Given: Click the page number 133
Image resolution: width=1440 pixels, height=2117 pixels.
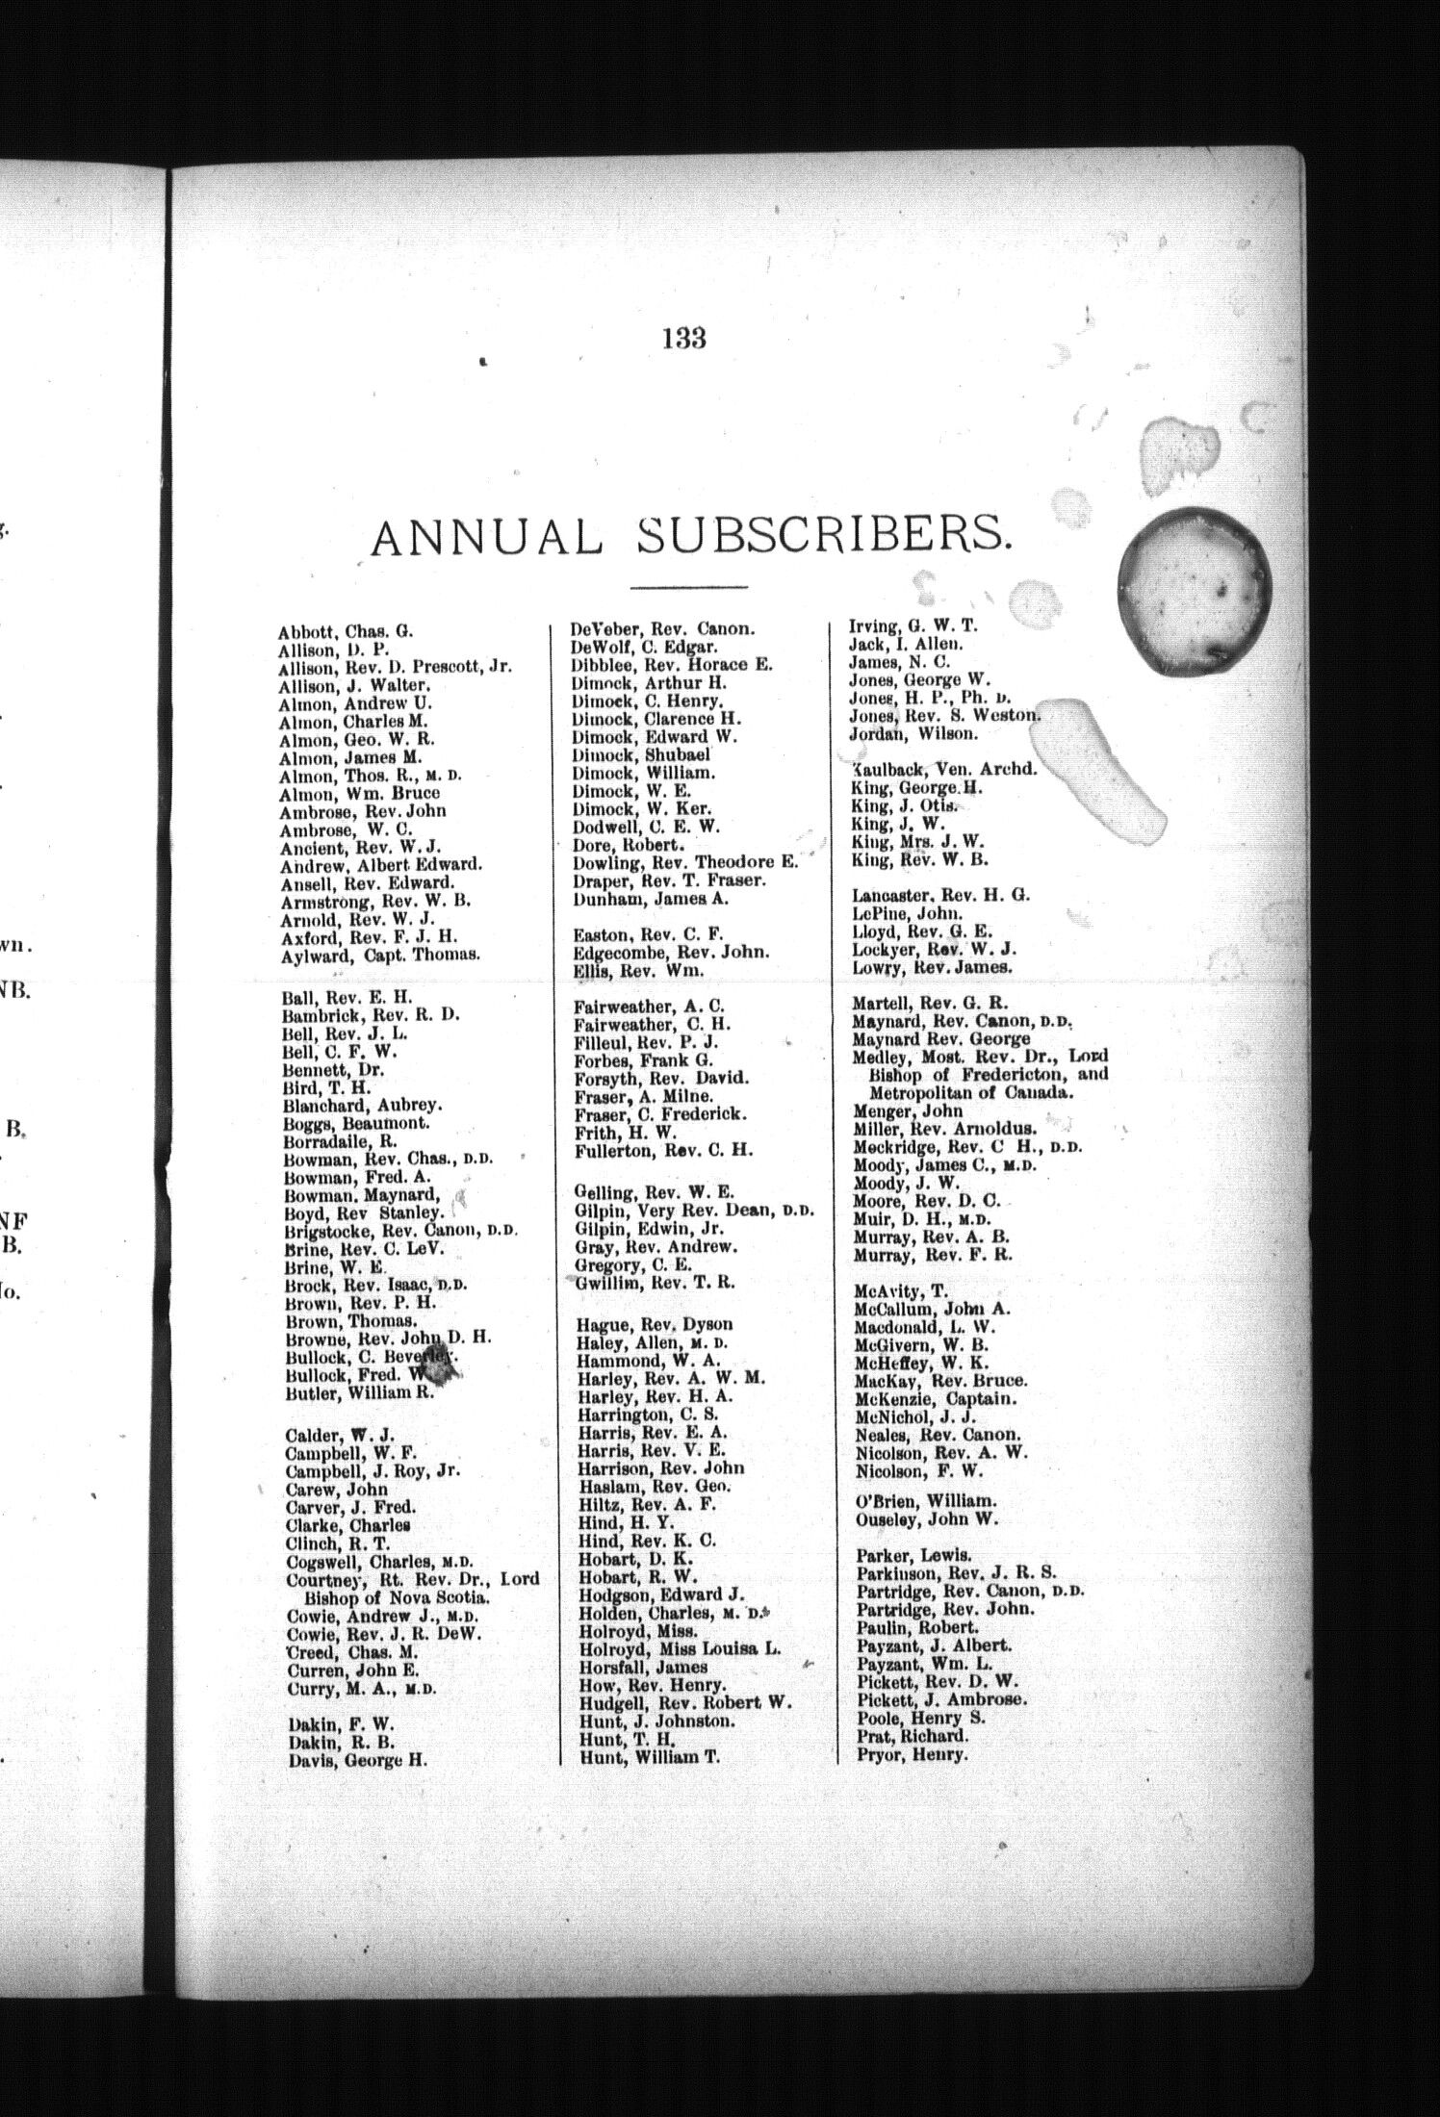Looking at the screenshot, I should click(684, 339).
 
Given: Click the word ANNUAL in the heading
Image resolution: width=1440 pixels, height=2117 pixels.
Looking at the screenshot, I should click(486, 537).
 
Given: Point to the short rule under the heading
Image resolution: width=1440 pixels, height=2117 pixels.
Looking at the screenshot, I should click(688, 587).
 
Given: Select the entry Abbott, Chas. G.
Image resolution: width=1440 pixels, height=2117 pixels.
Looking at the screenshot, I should click(345, 632).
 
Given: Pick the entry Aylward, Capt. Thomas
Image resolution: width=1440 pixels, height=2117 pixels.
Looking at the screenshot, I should click(379, 956).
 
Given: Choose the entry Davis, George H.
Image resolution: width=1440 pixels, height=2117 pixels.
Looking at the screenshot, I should click(357, 1761).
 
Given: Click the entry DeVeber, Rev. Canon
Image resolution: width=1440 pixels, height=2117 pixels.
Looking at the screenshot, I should click(662, 629).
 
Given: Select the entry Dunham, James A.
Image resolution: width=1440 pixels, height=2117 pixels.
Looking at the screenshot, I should click(651, 899).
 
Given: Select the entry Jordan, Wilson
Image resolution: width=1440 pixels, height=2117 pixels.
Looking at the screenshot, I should click(913, 733).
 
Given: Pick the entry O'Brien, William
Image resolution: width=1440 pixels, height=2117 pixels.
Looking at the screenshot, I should click(925, 1501).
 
